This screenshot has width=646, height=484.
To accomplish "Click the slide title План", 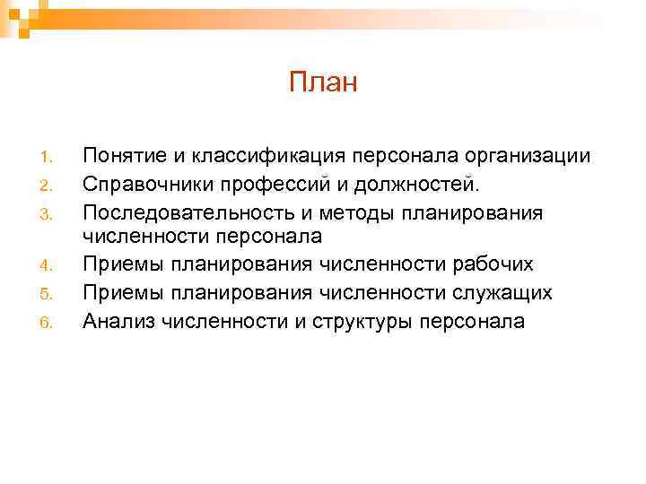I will pyautogui.click(x=323, y=83).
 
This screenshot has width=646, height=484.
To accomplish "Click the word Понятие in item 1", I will pyautogui.click(x=122, y=157).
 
